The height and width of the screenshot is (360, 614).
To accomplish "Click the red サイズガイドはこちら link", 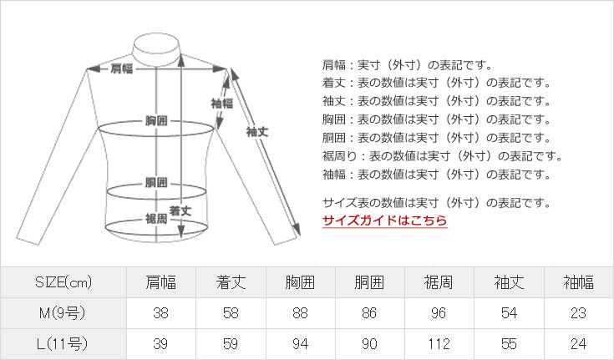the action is point(384,221).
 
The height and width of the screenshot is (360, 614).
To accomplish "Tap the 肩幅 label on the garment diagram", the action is point(122,68).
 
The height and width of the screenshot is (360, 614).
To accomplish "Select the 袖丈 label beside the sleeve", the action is point(257,132).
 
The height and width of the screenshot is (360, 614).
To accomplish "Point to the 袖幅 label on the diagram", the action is point(222,104).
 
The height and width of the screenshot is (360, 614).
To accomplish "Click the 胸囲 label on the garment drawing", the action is point(156,120).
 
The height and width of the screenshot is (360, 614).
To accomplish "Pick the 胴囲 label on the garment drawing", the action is point(156,182).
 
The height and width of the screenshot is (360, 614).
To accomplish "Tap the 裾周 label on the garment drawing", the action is point(156,219).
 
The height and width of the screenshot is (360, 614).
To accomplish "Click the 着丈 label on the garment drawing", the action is point(180,211).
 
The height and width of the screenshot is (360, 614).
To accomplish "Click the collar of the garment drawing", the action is point(157,50).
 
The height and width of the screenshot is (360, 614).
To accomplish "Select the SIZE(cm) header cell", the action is point(63,282).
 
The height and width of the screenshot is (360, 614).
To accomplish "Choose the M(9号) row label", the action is point(63,313).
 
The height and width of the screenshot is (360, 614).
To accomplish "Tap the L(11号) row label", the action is point(63,344).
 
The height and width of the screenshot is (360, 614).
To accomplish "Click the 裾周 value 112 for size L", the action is point(439,344).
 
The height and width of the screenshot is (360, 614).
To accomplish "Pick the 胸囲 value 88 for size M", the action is point(300,313).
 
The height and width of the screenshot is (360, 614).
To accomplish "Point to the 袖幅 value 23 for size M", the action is point(578,313).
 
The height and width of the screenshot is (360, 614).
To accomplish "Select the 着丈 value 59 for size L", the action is point(231,344).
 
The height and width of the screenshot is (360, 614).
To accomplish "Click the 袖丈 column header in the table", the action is point(509,282).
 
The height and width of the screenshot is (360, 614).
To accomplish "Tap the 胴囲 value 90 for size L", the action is point(369,344).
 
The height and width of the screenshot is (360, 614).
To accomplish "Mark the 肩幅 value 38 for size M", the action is point(161,313).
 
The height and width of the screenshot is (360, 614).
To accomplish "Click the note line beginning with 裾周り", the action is point(443,156).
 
